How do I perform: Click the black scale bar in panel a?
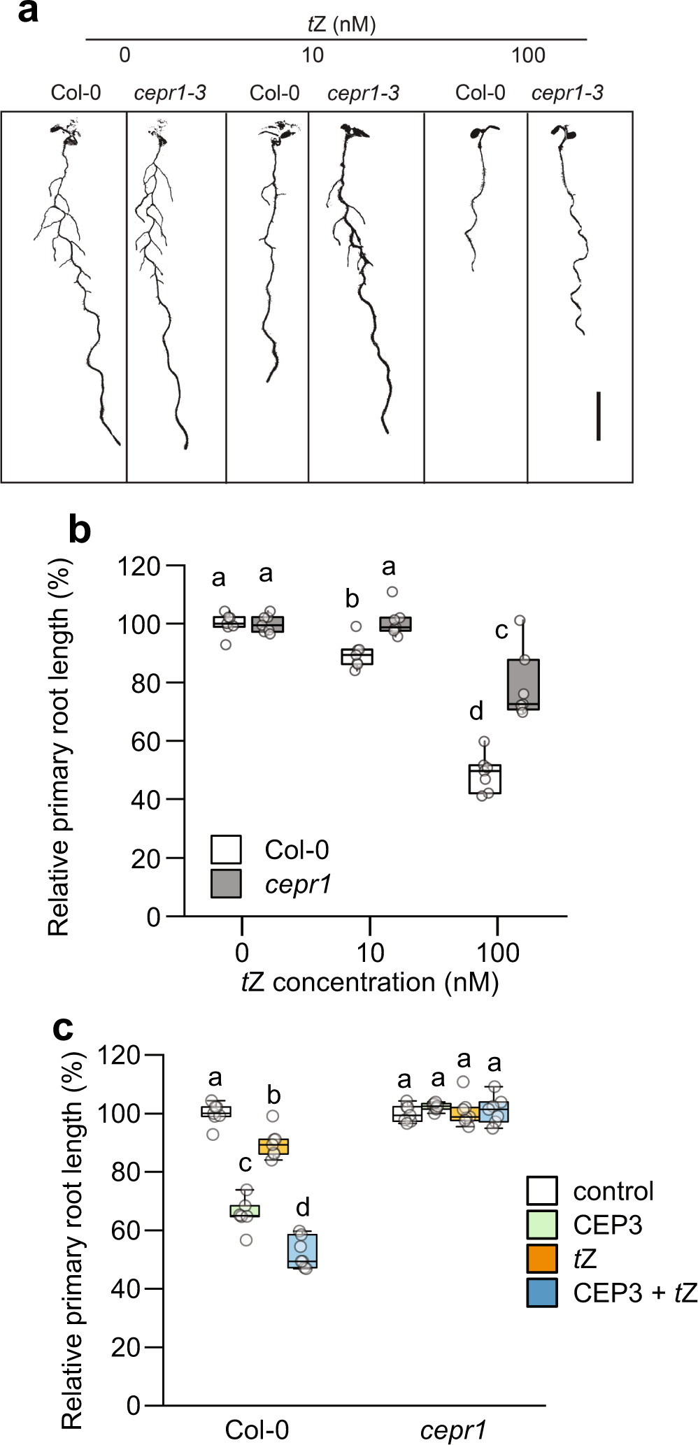click(x=599, y=417)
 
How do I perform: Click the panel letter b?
click(x=80, y=531)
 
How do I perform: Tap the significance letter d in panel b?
click(x=476, y=712)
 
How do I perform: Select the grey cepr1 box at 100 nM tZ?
click(x=523, y=684)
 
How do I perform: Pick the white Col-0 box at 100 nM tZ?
click(x=485, y=779)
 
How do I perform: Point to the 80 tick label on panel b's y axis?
click(x=146, y=683)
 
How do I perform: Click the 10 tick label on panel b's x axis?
click(x=370, y=952)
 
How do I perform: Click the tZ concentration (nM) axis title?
click(x=370, y=982)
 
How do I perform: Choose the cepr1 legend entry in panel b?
click(x=297, y=884)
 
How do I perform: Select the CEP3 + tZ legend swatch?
click(x=542, y=1293)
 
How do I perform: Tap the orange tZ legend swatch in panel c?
click(x=542, y=1258)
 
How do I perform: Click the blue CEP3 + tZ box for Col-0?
click(x=302, y=1250)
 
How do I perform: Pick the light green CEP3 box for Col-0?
click(x=245, y=1210)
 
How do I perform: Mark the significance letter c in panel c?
click(x=245, y=1164)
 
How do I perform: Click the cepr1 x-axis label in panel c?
click(x=453, y=1430)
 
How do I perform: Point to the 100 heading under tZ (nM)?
click(x=528, y=55)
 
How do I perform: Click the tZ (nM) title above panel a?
click(x=341, y=25)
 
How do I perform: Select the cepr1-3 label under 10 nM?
click(x=363, y=93)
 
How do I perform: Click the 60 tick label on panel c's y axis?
click(x=126, y=1230)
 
